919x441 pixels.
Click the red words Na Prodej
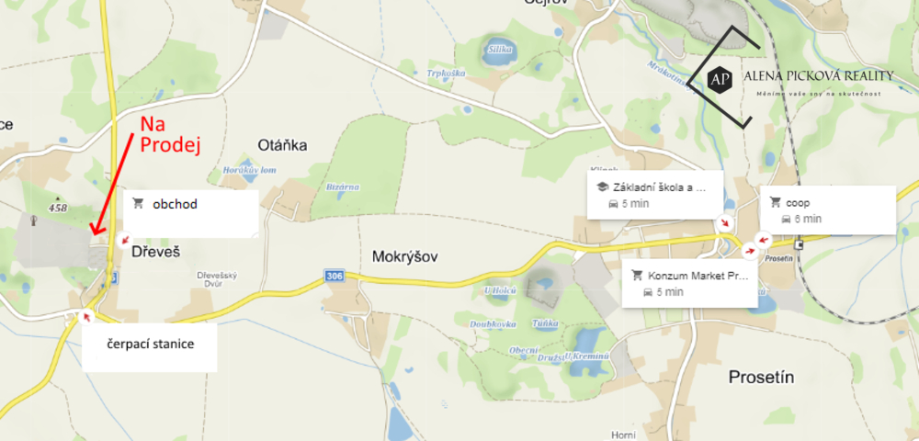[169, 134]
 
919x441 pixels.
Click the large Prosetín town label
[761, 377]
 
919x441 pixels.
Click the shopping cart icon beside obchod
[139, 203]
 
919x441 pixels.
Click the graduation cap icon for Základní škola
[603, 187]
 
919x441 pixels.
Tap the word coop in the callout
[798, 202]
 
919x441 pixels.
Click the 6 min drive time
[808, 219]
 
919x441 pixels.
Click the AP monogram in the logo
[721, 80]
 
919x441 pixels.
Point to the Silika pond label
[499, 48]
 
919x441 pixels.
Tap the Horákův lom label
[249, 171]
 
